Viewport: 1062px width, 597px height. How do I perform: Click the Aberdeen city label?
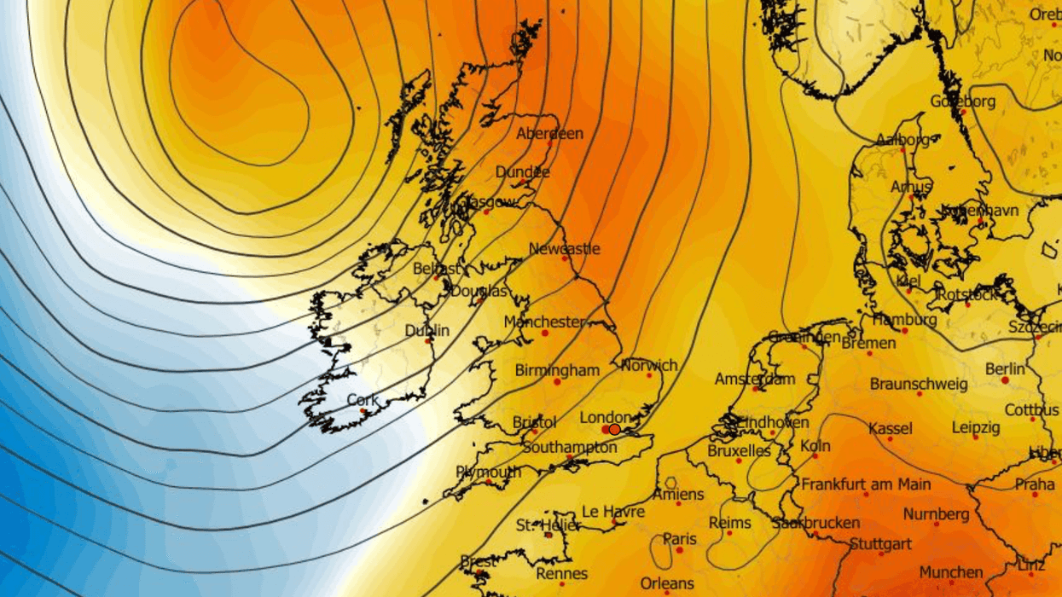coord(549,134)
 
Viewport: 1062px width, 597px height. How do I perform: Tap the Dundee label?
coord(522,172)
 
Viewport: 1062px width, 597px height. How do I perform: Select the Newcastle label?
coord(564,249)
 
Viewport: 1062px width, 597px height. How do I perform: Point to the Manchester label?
coord(544,322)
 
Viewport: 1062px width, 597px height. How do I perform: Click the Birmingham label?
coord(557,370)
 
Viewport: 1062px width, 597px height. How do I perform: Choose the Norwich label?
coord(649,365)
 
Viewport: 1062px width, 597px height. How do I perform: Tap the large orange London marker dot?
coord(614,429)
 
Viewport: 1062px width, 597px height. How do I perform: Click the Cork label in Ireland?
coord(363,400)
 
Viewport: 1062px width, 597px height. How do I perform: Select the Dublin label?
coord(427,331)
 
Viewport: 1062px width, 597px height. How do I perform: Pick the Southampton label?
coord(569,448)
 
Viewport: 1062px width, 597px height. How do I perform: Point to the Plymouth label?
coord(488,472)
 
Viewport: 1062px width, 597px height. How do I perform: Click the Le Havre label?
coord(612,512)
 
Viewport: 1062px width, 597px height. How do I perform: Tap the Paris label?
coord(680,539)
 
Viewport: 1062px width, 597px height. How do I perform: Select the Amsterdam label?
coord(754,379)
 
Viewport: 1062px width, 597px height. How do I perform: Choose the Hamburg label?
coord(904,320)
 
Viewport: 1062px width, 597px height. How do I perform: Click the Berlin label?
coord(1005,369)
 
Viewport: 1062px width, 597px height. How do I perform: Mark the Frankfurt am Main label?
coord(866,484)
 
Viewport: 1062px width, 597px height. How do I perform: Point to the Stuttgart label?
coord(880,543)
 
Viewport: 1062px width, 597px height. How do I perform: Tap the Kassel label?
coord(890,428)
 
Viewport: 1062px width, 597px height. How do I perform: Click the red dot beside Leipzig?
coord(976,437)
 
